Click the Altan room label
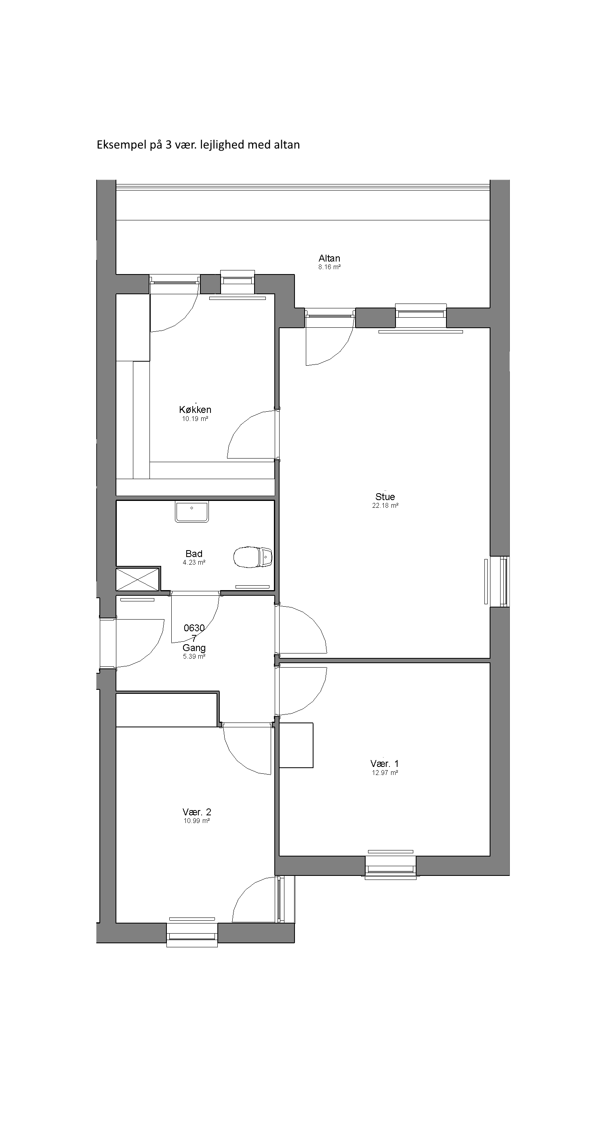pyautogui.click(x=329, y=258)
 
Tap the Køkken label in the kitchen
pyautogui.click(x=195, y=409)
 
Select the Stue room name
pyautogui.click(x=385, y=496)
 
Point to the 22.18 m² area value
pyautogui.click(x=385, y=506)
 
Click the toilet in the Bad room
pyautogui.click(x=253, y=557)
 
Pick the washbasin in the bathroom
pyautogui.click(x=192, y=511)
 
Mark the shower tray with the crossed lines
pyautogui.click(x=137, y=579)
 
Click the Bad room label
pyautogui.click(x=194, y=554)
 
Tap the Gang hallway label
pyautogui.click(x=194, y=648)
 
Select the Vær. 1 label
pyautogui.click(x=385, y=764)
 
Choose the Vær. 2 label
pyautogui.click(x=197, y=812)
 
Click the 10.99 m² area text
pyautogui.click(x=197, y=821)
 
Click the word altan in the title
pyautogui.click(x=286, y=145)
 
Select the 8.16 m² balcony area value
pyautogui.click(x=330, y=267)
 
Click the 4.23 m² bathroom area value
pyautogui.click(x=194, y=563)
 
